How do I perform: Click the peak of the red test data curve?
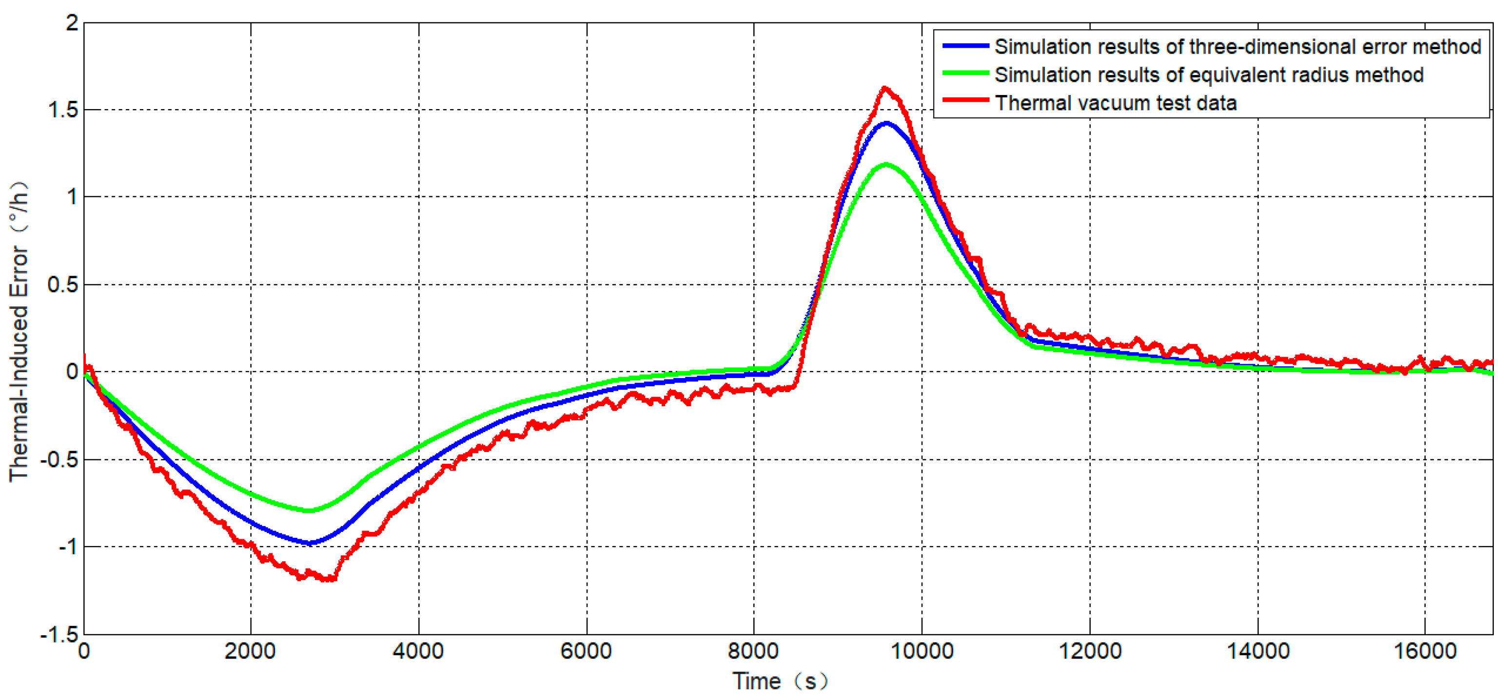tap(884, 88)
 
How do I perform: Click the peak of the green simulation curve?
tap(886, 165)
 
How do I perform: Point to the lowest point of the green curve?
tap(309, 511)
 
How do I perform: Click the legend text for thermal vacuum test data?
tap(1116, 103)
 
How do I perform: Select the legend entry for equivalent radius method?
tap(1209, 75)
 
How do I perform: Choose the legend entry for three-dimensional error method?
tap(1237, 47)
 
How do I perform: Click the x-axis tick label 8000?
tap(753, 651)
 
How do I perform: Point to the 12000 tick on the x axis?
tap(1090, 651)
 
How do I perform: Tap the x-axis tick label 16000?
tap(1425, 651)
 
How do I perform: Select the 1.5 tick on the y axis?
tap(63, 110)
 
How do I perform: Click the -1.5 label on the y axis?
tap(59, 634)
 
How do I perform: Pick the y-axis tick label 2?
tap(72, 23)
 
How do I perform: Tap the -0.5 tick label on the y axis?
tap(59, 459)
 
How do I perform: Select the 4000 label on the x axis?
tap(418, 651)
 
